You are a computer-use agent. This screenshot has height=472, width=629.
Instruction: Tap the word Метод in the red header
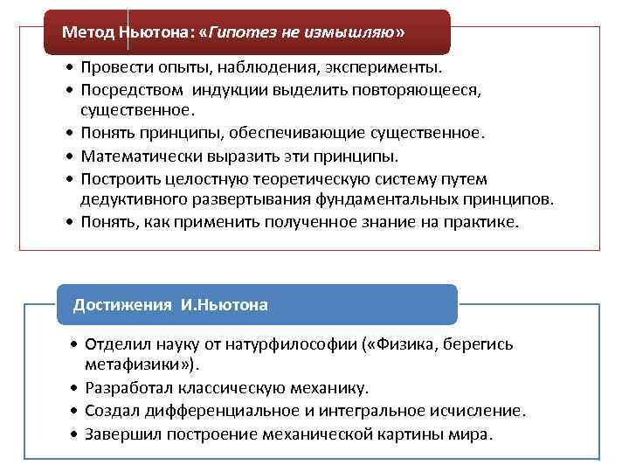(83, 31)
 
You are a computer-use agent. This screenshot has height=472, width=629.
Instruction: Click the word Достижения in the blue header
(123, 304)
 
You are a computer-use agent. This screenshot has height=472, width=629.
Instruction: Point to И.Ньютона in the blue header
(225, 304)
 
